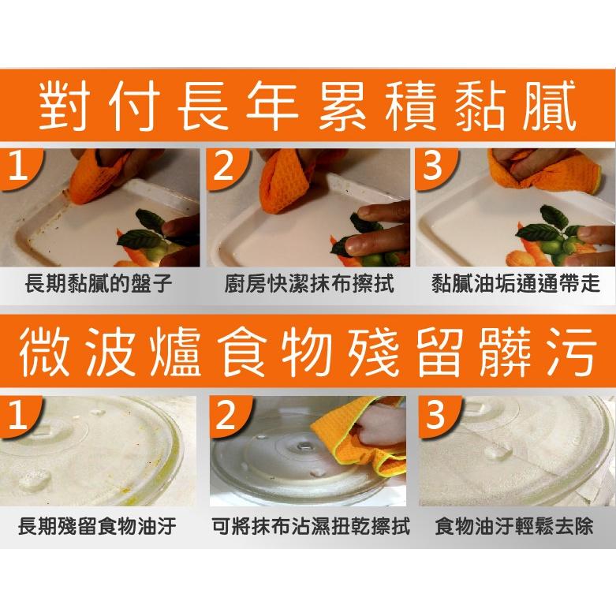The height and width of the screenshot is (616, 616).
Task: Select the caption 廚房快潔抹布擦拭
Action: point(308,285)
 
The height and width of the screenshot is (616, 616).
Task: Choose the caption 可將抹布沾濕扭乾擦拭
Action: point(311,526)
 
